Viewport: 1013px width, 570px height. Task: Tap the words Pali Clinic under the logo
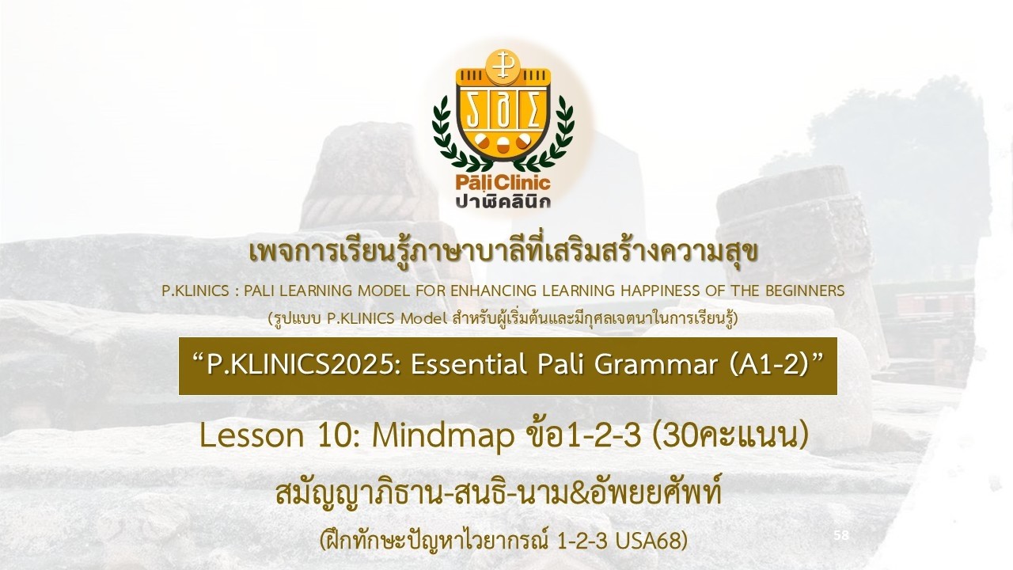click(503, 183)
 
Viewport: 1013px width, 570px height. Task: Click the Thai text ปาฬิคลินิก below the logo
click(503, 201)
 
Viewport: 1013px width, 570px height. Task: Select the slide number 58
click(841, 536)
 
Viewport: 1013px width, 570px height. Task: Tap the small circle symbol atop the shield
click(499, 69)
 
